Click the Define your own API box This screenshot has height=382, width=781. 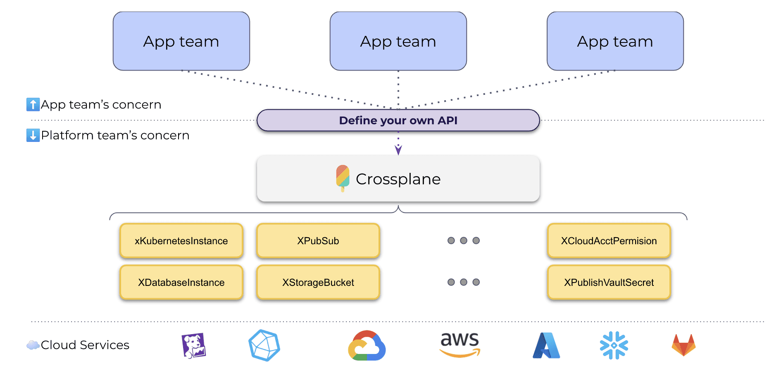(398, 120)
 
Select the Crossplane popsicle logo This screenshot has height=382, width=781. (343, 178)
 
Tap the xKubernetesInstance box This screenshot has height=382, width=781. (181, 241)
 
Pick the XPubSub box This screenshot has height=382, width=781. (318, 241)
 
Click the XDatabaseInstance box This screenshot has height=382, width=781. (181, 283)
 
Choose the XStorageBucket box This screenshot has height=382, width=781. (318, 283)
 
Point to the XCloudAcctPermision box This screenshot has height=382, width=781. (609, 241)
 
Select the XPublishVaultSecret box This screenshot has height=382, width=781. (609, 283)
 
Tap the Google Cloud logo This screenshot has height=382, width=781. (367, 346)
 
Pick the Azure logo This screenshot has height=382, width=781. (546, 346)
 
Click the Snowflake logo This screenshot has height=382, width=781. (614, 345)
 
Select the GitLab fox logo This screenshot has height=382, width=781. (683, 345)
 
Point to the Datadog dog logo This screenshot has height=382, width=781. (193, 345)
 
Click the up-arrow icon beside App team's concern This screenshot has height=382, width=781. (33, 104)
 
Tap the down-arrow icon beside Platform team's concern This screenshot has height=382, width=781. (33, 135)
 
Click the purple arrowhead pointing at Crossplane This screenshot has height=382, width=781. (398, 150)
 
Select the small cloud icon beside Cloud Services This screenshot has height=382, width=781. (33, 345)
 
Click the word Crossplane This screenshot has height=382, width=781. (398, 179)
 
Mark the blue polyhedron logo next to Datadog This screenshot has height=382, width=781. (264, 345)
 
